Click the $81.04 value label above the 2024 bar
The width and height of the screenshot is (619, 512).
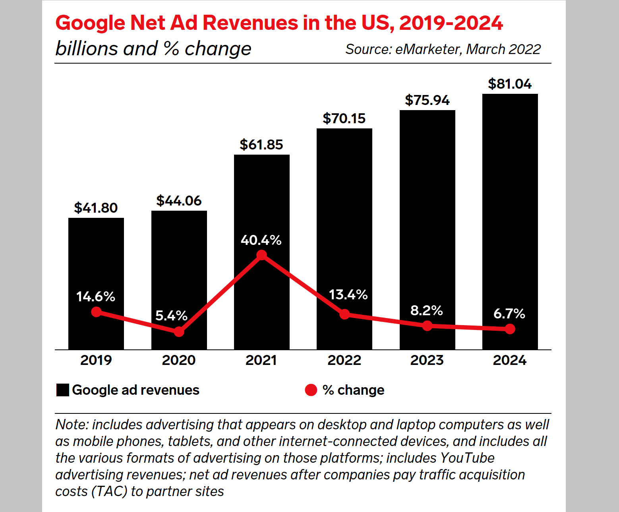coord(510,84)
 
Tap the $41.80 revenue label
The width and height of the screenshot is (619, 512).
coord(96,208)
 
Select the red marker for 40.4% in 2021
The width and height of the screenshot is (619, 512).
coord(261,255)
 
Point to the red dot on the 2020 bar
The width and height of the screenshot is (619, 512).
coord(179,332)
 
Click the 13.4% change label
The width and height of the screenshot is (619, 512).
coord(348,295)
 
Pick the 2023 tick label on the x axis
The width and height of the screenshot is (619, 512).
coord(427,360)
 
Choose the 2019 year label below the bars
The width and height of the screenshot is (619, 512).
coord(96,360)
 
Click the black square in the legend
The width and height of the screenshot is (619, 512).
coord(63,390)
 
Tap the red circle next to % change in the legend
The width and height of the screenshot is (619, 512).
coord(311,390)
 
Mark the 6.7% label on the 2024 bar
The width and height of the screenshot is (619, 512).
coord(509,314)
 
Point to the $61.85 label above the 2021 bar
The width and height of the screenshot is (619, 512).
coord(261,145)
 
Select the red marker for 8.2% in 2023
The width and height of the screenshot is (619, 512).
coord(427,326)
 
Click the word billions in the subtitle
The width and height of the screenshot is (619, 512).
coord(87,49)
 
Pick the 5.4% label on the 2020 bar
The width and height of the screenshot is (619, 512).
coord(171,316)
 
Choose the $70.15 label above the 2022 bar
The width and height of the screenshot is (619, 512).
coord(344,118)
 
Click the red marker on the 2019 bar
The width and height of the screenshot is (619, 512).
coord(96,312)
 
